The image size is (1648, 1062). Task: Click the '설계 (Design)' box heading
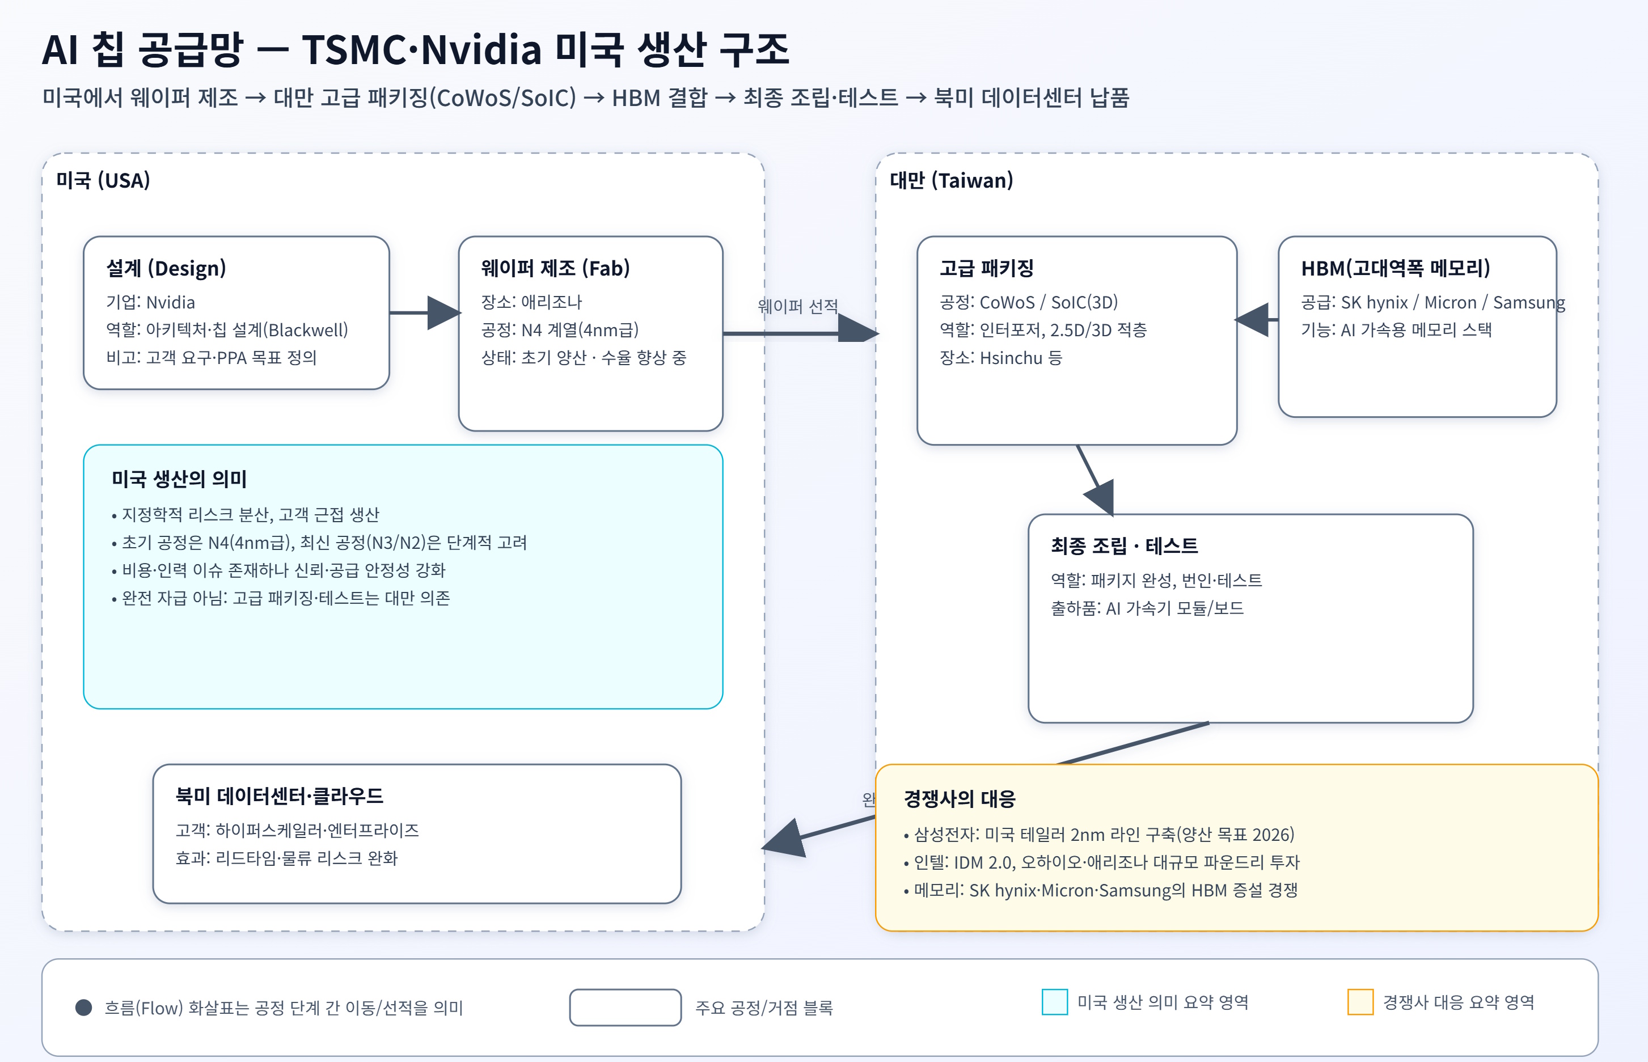click(166, 268)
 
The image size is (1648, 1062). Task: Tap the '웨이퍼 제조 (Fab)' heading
click(555, 268)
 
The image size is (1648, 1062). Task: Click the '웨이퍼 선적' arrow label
click(797, 306)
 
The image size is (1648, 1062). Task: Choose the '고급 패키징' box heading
click(986, 268)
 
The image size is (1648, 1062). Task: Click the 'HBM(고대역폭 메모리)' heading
click(1395, 268)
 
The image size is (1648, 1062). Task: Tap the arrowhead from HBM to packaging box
click(1252, 320)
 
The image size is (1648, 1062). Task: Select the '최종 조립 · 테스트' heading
click(1124, 546)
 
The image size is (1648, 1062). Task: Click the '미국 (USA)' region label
click(103, 181)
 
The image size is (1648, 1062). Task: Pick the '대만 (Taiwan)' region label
click(951, 181)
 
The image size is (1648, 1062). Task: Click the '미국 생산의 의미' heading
click(179, 479)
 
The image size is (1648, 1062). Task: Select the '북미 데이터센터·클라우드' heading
click(279, 796)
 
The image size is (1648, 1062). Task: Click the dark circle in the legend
click(83, 1008)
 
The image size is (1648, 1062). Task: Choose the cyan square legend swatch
click(1054, 1002)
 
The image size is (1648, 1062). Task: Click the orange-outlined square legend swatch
click(1360, 1002)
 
